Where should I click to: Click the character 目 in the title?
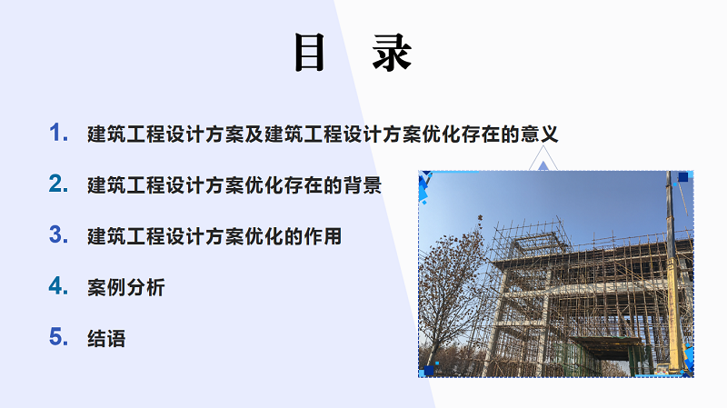click(309, 53)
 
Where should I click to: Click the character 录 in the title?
click(392, 53)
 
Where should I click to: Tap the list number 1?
click(58, 133)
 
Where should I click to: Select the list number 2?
click(58, 184)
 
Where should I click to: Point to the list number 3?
click(58, 234)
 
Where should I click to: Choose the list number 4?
click(58, 285)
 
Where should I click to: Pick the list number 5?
click(58, 336)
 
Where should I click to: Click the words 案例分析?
click(126, 287)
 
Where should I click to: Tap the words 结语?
click(106, 338)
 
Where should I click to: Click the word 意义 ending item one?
click(539, 134)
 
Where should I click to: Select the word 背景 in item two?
click(362, 185)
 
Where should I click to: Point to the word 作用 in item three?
click(323, 236)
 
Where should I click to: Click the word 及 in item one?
click(254, 134)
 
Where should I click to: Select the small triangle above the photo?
click(543, 166)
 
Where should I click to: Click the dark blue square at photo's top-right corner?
click(683, 176)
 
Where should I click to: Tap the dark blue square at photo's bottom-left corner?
click(429, 370)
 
